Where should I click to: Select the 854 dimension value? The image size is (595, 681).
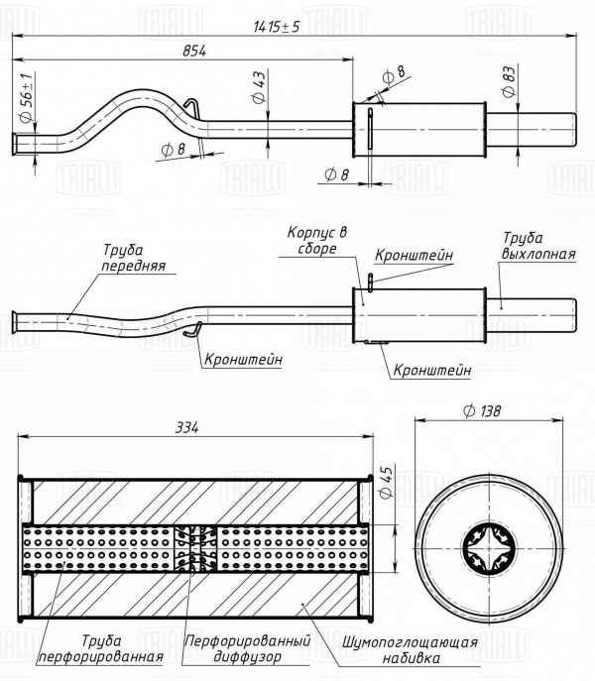pyautogui.click(x=194, y=52)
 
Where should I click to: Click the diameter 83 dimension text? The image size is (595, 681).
pyautogui.click(x=508, y=83)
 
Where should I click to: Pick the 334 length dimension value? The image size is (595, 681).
pyautogui.click(x=187, y=427)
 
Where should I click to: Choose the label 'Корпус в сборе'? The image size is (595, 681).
pyautogui.click(x=318, y=239)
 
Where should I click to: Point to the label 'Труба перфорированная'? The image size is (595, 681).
pyautogui.click(x=100, y=648)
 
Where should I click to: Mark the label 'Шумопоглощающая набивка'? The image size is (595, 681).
pyautogui.click(x=410, y=648)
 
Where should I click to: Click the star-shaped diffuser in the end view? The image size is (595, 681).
pyautogui.click(x=487, y=550)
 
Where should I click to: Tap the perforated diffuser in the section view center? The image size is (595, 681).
pyautogui.click(x=195, y=549)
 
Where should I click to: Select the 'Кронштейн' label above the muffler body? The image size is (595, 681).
pyautogui.click(x=416, y=256)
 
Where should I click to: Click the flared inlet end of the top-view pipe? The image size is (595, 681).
pyautogui.click(x=18, y=145)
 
